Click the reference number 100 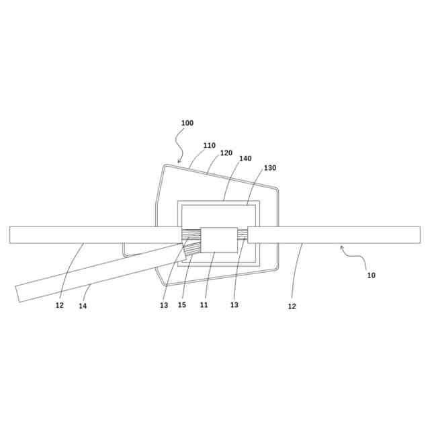tap(187, 123)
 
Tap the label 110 tap(209, 145)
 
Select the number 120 tap(226, 153)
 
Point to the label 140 tap(245, 159)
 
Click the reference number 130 tap(269, 167)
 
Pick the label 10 tap(371, 275)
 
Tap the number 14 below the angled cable tap(83, 306)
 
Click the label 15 tap(182, 306)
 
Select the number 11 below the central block tap(204, 305)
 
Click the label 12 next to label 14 tap(60, 306)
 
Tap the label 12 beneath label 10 tap(292, 306)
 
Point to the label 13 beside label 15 tap(164, 306)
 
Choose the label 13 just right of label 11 tap(234, 305)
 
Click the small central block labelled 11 tap(219, 240)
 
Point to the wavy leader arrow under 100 tap(180, 144)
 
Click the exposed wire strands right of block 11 tap(243, 234)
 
